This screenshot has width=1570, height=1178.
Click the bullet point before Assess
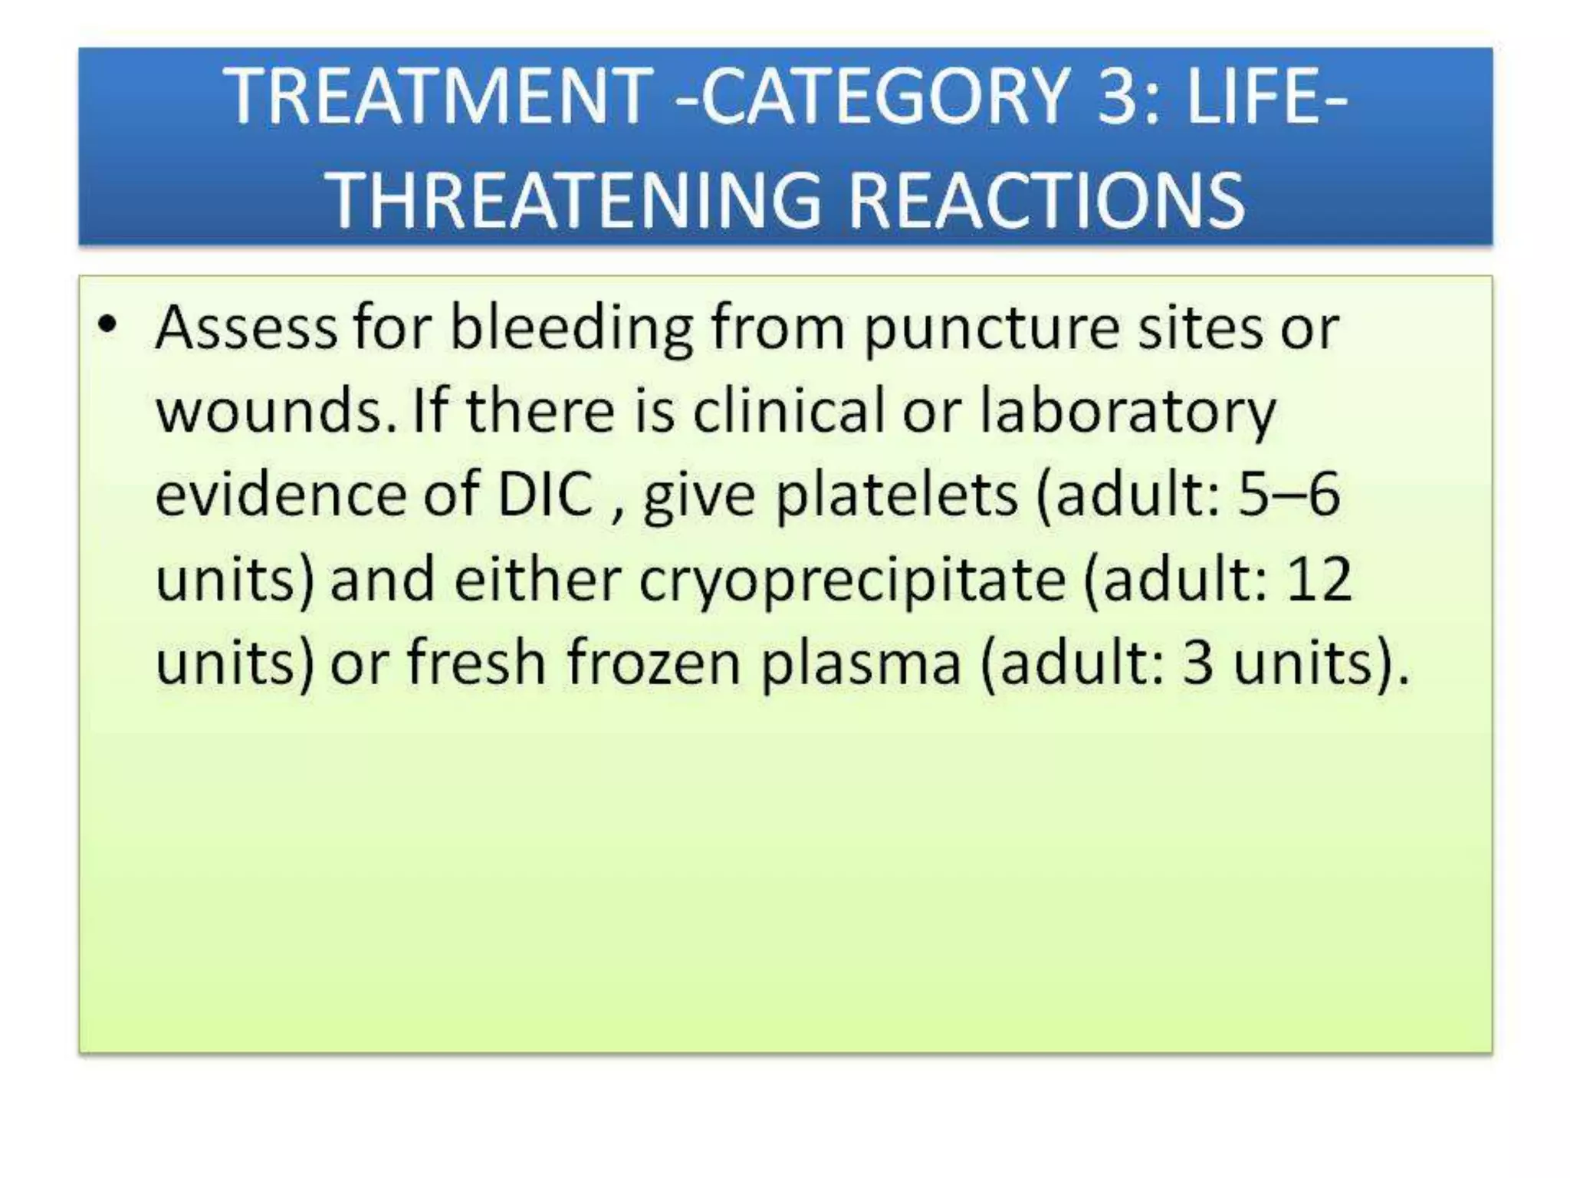click(x=108, y=326)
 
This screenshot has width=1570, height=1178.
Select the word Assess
click(x=245, y=328)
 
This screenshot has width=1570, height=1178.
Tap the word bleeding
click(x=571, y=328)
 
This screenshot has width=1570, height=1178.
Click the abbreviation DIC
click(x=545, y=495)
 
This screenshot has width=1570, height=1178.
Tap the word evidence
click(x=279, y=495)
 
